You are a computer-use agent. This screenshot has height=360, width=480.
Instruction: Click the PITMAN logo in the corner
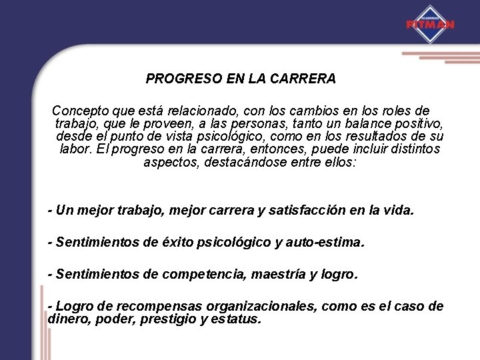point(430,24)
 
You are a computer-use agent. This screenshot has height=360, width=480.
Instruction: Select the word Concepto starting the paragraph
point(79,110)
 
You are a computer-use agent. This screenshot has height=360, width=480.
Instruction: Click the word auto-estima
point(327,243)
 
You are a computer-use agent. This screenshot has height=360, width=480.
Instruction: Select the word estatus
point(238,319)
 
